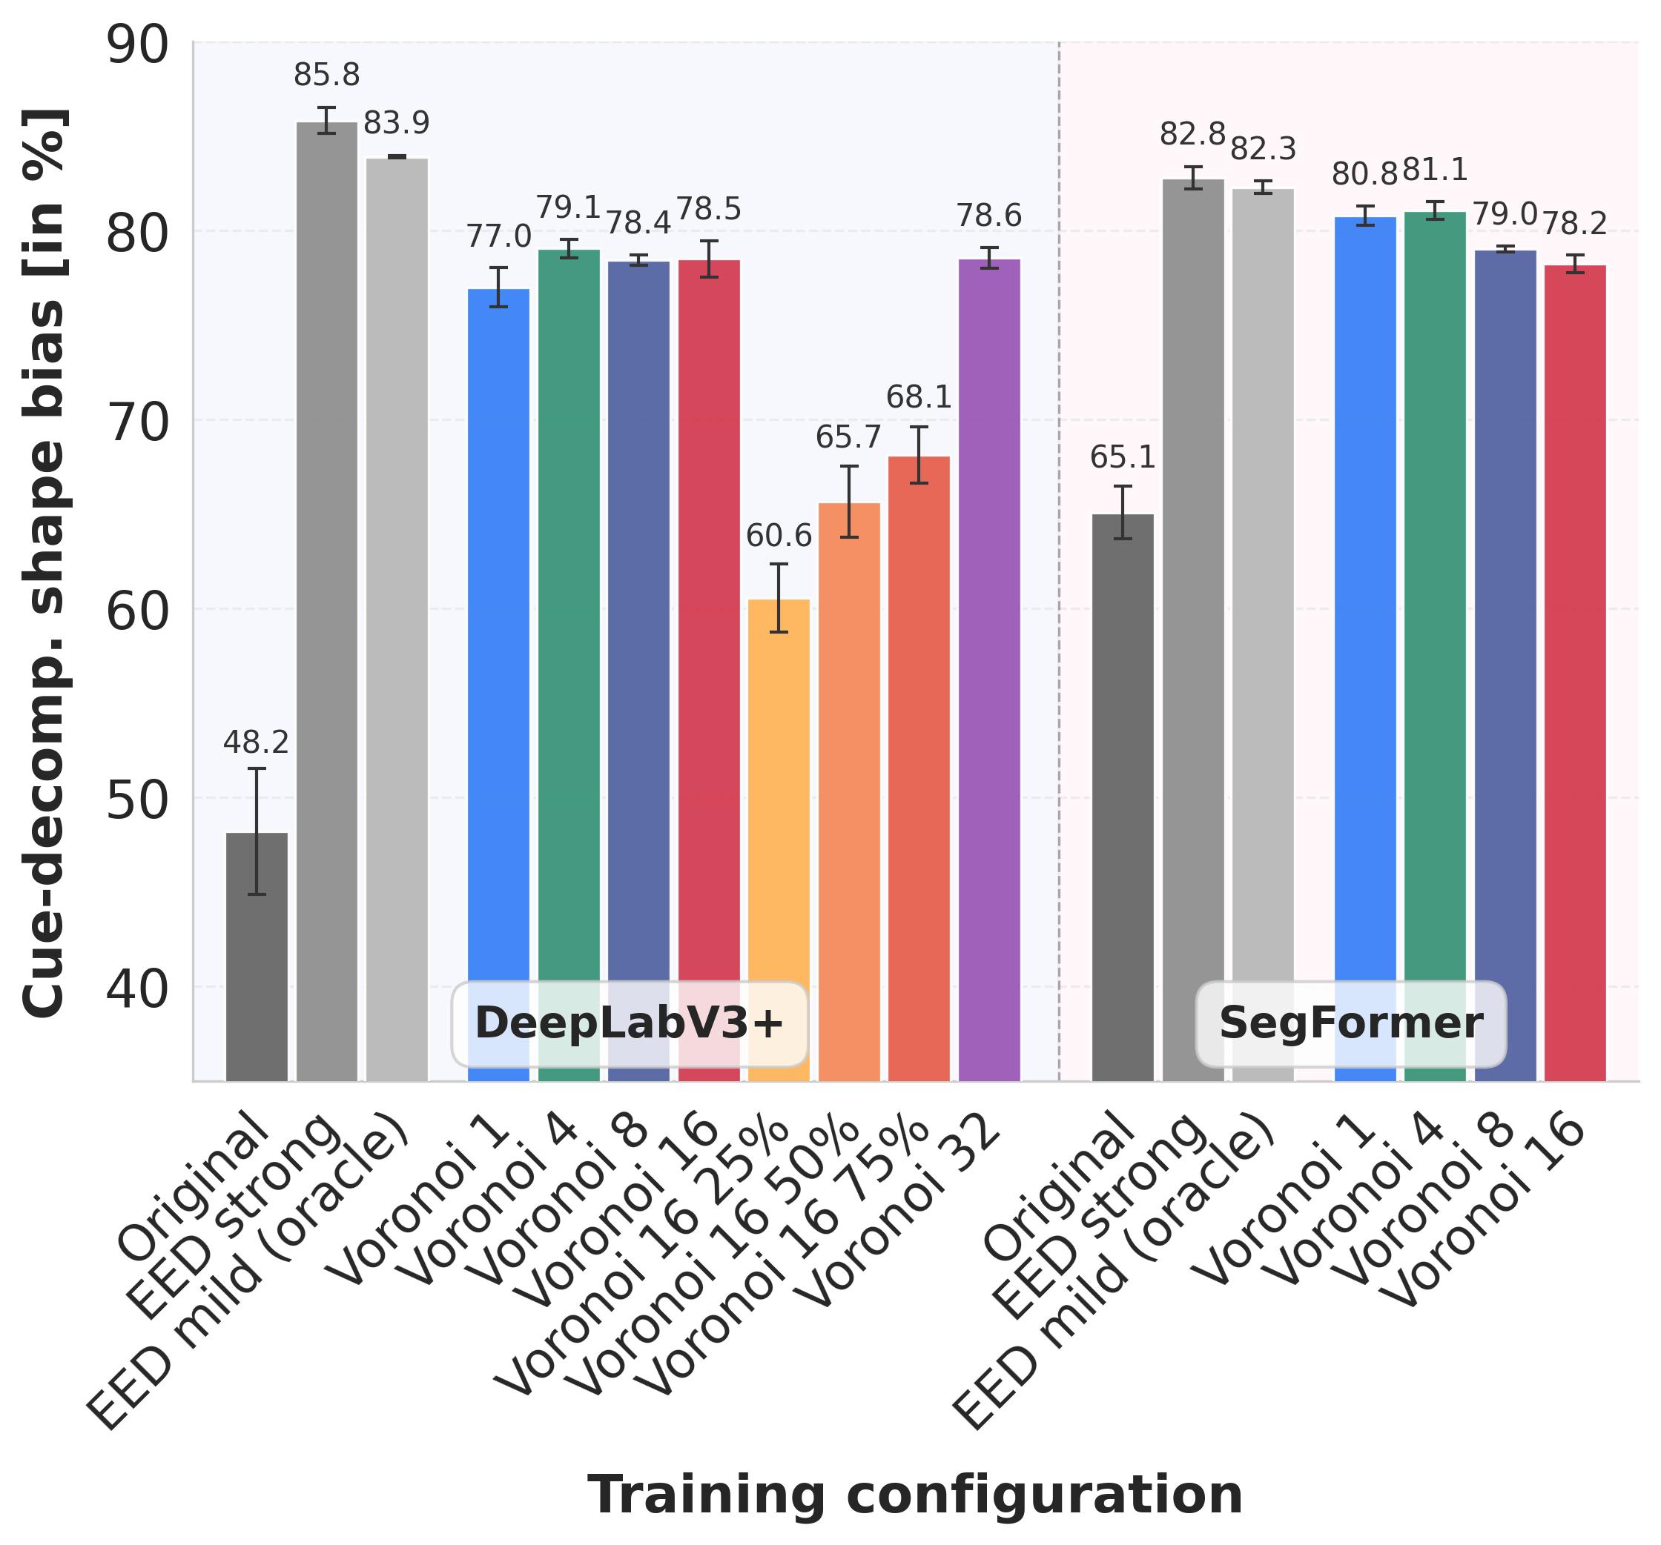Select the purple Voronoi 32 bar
(x=989, y=668)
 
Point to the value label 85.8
(x=327, y=75)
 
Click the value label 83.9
(x=397, y=124)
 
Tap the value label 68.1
(x=919, y=397)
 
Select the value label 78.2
(x=1575, y=224)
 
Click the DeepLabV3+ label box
(x=629, y=1024)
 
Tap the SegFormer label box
(x=1351, y=1024)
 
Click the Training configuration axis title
(x=916, y=1495)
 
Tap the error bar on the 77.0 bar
(x=499, y=288)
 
